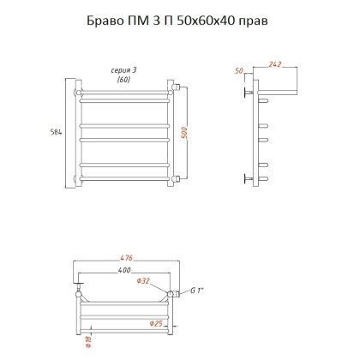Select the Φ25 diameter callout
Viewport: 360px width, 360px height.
156,323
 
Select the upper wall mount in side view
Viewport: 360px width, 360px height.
249,88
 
